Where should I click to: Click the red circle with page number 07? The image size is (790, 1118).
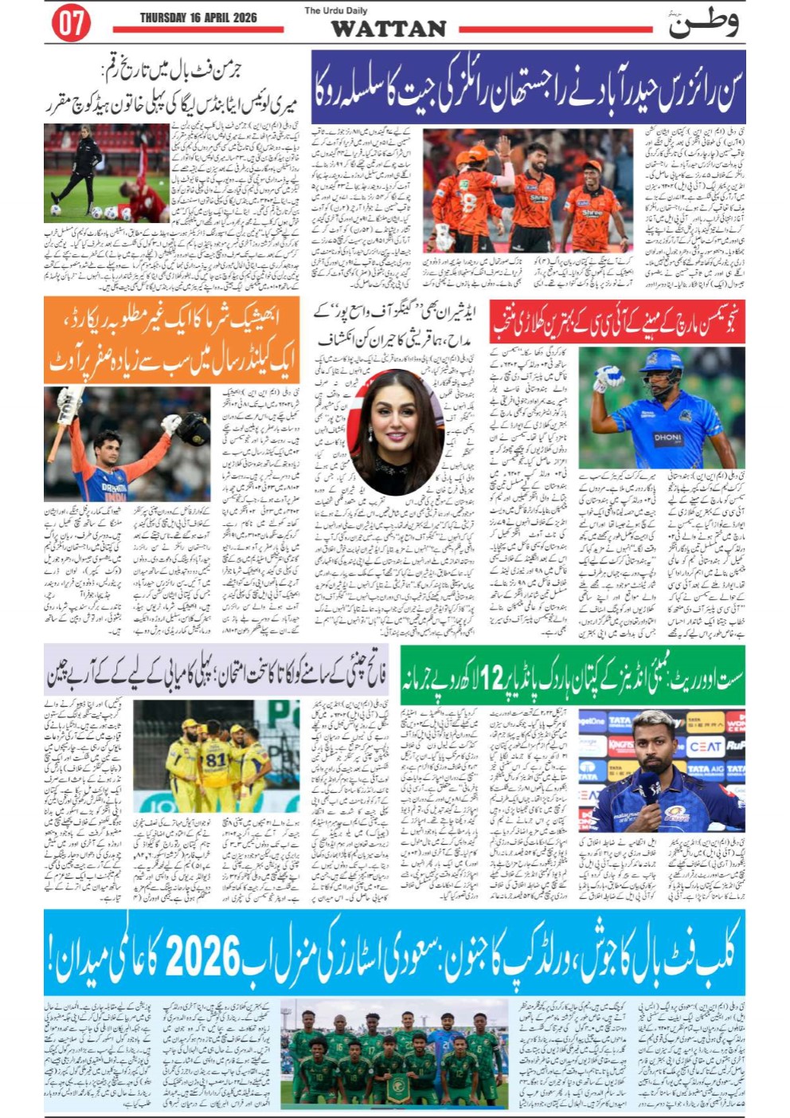point(70,23)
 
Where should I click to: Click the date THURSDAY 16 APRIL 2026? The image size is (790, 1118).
point(197,17)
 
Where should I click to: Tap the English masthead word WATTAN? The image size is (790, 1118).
point(388,29)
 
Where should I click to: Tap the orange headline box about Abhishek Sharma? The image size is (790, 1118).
point(172,340)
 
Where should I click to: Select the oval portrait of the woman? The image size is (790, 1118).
point(397,430)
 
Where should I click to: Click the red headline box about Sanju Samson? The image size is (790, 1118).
point(617,322)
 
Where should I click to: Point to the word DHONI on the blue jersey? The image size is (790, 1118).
point(667,437)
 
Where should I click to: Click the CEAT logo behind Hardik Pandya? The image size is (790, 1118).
point(705,747)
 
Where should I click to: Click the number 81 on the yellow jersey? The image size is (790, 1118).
point(216,759)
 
